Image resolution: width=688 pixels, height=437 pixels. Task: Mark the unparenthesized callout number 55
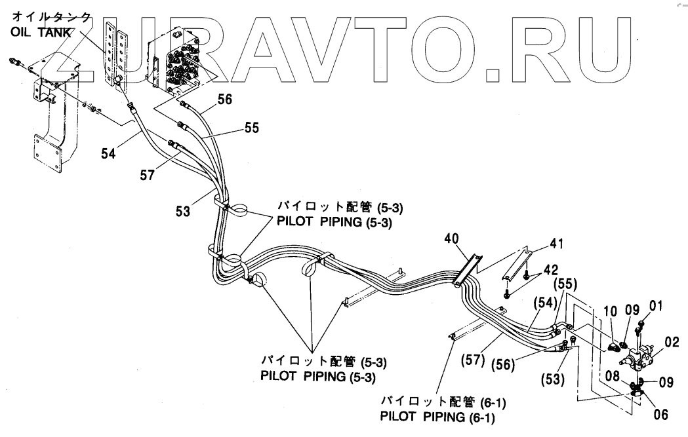click(252, 129)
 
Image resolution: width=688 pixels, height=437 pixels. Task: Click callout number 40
click(453, 238)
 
